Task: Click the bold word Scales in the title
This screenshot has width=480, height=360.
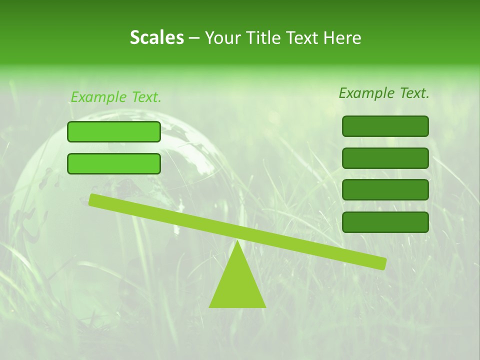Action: [156, 38]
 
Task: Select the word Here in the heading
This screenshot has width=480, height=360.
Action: [342, 38]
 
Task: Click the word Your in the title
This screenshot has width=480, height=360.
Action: [223, 38]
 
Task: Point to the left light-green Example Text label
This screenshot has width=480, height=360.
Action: [116, 97]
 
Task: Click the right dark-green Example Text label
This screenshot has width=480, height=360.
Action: [384, 93]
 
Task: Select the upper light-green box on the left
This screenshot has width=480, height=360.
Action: [114, 131]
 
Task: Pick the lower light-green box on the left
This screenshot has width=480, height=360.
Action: [114, 163]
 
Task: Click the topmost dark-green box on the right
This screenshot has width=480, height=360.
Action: [385, 126]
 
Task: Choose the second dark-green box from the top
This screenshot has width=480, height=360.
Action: [385, 158]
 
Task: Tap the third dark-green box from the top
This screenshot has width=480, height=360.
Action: [385, 189]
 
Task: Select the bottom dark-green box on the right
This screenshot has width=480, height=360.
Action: [385, 222]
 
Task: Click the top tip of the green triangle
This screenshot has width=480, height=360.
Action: [238, 242]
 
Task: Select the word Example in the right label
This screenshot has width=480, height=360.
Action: [366, 93]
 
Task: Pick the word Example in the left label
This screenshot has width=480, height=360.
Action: [98, 97]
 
